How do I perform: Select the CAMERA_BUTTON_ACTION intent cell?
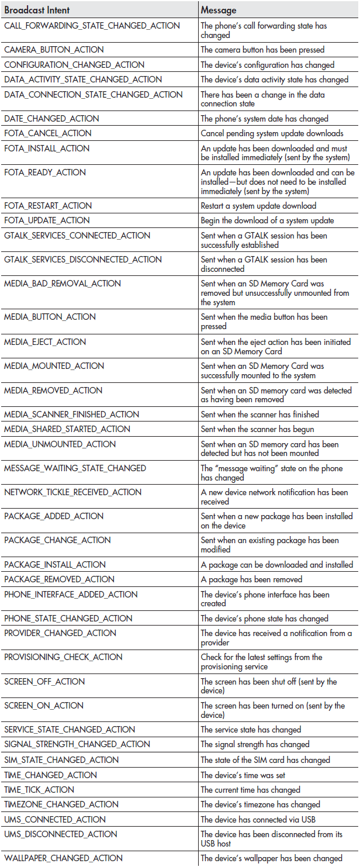(54, 50)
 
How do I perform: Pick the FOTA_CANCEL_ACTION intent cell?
(48, 133)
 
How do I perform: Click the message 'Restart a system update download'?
(258, 206)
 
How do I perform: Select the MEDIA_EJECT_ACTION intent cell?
(45, 342)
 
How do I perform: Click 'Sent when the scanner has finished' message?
(260, 414)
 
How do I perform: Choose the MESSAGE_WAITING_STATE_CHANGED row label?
(75, 468)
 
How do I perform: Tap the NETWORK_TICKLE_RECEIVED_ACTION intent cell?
(72, 492)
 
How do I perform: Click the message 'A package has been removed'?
(251, 579)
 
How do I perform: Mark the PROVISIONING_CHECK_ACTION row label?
(63, 657)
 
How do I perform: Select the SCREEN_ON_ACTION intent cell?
(44, 706)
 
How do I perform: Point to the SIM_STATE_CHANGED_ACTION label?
(61, 760)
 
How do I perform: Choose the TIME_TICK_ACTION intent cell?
(39, 790)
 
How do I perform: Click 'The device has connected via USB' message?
(258, 820)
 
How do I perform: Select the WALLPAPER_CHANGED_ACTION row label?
(63, 858)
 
